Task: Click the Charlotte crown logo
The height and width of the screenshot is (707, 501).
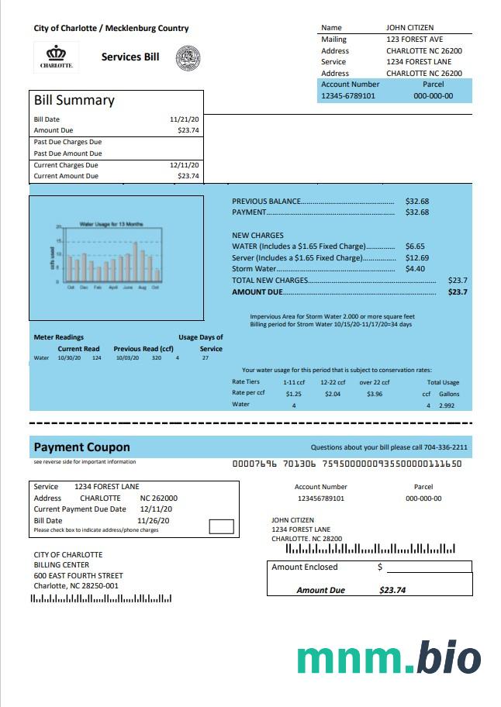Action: (57, 55)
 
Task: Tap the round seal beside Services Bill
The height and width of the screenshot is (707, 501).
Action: (188, 57)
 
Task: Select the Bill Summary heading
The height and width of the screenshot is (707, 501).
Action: (74, 100)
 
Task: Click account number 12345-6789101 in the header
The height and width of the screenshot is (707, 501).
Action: (348, 96)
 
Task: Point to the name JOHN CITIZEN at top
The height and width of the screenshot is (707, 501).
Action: (409, 28)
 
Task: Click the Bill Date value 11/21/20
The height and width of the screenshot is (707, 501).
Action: (185, 119)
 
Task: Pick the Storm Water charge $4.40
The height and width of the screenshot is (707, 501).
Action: (415, 269)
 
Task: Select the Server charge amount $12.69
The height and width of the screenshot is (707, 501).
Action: (416, 257)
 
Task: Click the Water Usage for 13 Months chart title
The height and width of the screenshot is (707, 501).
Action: (111, 223)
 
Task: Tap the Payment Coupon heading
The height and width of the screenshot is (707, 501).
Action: (81, 447)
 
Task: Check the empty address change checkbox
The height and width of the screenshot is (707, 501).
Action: (222, 526)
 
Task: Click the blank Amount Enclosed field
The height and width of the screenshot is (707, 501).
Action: (427, 567)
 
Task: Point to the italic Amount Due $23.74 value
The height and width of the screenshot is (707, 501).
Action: (392, 590)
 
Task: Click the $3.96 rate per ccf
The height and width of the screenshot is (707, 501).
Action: (375, 394)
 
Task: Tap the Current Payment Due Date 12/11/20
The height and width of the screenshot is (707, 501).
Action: (156, 509)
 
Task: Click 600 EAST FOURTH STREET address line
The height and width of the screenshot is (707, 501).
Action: (78, 576)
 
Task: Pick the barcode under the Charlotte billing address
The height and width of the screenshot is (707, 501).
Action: (101, 598)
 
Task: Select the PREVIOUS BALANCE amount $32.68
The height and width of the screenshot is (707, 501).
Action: (417, 202)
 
